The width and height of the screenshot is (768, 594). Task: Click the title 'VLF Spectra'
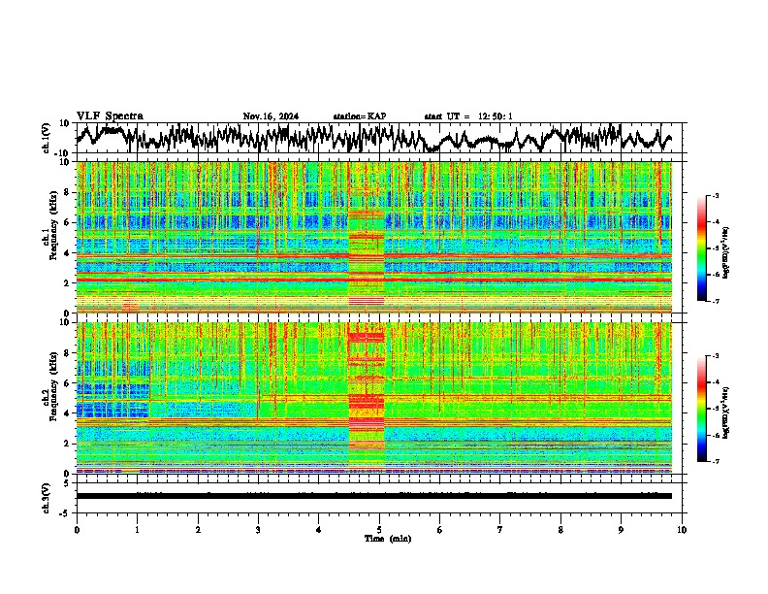point(110,115)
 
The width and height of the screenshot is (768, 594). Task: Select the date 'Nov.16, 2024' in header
point(271,116)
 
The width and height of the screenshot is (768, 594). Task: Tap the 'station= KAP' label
point(360,116)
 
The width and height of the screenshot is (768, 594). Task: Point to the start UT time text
point(468,116)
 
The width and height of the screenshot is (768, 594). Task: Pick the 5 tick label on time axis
point(379,530)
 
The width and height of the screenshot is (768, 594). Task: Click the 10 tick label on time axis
point(682,530)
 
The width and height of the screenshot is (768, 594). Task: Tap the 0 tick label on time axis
point(77,530)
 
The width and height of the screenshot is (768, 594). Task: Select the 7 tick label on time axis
point(500,530)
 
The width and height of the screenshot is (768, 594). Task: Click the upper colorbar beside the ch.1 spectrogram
point(710,248)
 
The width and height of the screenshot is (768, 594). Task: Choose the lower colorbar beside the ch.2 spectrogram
point(710,409)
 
